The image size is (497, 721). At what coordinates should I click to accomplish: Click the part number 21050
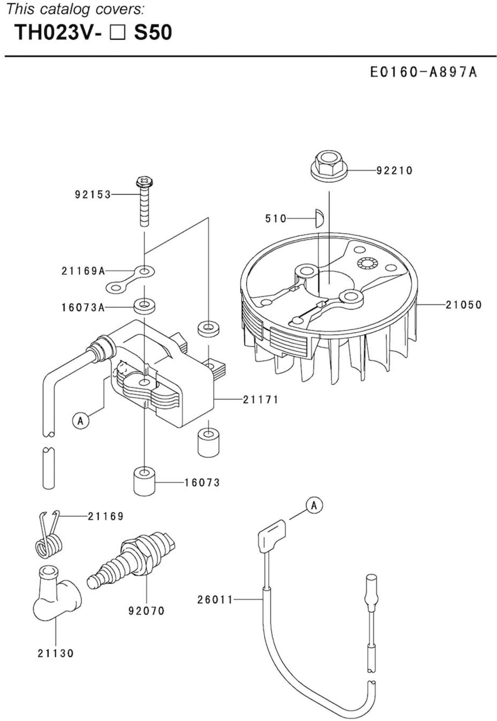[464, 305]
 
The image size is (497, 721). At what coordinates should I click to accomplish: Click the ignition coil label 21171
[260, 400]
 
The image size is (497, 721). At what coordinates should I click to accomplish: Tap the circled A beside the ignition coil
[81, 421]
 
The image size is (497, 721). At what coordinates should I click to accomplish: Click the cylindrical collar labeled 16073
[144, 481]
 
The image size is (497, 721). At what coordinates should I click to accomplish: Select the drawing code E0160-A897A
[423, 72]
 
